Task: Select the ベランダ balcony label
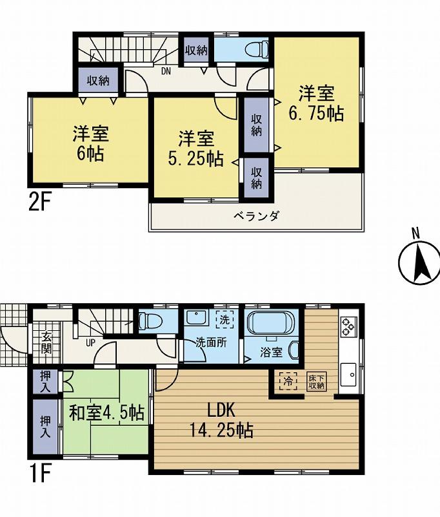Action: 256,216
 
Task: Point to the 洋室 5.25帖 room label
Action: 196,148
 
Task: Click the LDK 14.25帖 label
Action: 220,420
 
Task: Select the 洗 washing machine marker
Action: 223,319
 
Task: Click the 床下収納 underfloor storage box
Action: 315,381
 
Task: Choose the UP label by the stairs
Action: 91,343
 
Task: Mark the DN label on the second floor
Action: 165,71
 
